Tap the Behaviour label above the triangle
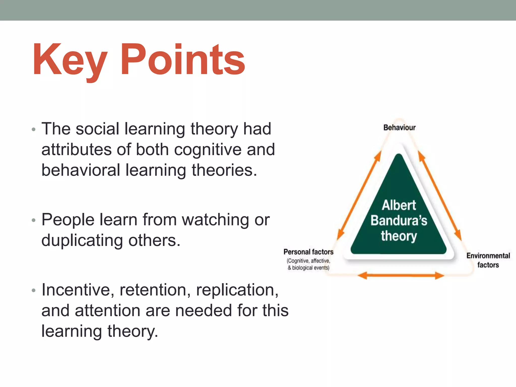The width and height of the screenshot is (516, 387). tap(399, 127)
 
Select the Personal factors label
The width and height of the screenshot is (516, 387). tap(308, 252)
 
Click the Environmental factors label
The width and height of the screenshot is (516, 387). tap(488, 260)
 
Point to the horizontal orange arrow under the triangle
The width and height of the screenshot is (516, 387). tap(401, 275)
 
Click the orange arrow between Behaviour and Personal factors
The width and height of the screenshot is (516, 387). tap(359, 195)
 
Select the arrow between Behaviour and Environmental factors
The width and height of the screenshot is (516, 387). tap(440, 195)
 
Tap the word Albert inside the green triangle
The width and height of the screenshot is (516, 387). tap(399, 205)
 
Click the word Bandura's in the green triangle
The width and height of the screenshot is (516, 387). tap(399, 220)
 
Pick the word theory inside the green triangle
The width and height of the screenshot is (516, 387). tap(399, 236)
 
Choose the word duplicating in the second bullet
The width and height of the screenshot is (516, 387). tap(82, 240)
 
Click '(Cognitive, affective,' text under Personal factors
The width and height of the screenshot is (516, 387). tap(308, 261)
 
